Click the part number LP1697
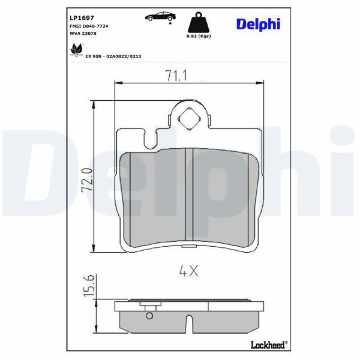(x=82, y=17)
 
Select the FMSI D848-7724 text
(x=89, y=26)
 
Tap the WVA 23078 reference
(x=83, y=34)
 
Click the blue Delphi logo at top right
(x=258, y=24)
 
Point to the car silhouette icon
(x=160, y=16)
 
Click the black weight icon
(x=199, y=22)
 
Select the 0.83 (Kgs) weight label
(x=199, y=36)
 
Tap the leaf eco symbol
(x=76, y=49)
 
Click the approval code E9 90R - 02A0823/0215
(x=113, y=56)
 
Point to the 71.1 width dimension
(x=176, y=76)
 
